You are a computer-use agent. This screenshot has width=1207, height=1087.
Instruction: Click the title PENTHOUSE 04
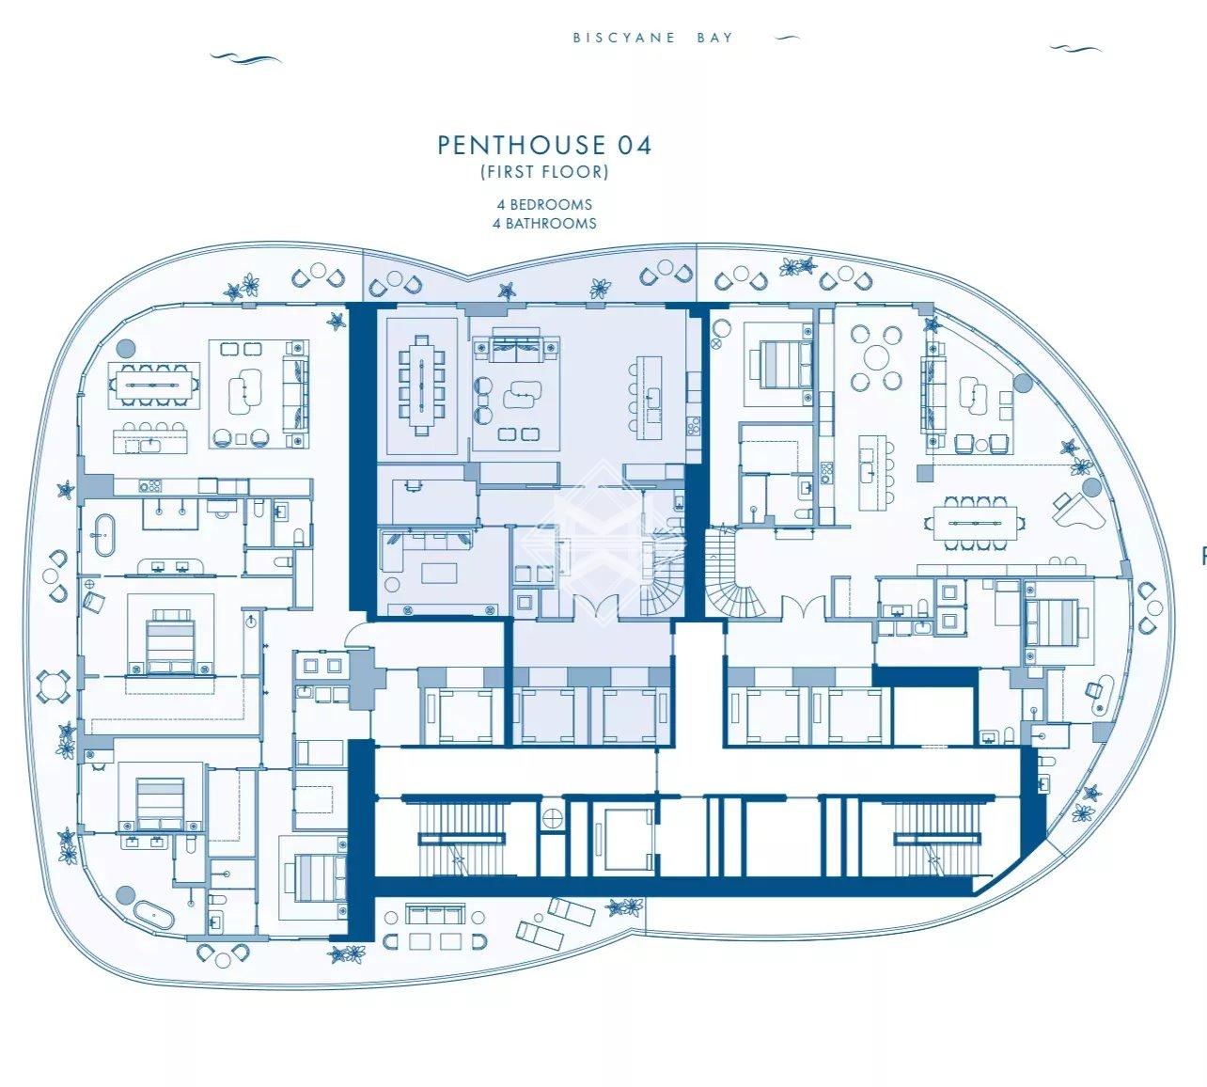(544, 145)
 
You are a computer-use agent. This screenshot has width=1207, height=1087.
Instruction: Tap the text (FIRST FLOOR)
(544, 172)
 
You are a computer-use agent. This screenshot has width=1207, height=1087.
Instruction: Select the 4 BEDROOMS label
(544, 204)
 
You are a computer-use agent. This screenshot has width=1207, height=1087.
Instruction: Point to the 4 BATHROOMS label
(544, 223)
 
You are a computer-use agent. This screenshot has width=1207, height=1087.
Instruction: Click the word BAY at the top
(714, 38)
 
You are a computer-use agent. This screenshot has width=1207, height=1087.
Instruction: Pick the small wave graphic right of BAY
(787, 39)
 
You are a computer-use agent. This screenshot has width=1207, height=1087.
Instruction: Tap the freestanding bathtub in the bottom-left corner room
(153, 916)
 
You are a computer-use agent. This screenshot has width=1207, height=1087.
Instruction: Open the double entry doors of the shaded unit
(595, 605)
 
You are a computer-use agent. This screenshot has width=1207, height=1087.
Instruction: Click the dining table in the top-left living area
(153, 386)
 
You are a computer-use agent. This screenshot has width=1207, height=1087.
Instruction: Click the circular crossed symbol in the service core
(553, 817)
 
